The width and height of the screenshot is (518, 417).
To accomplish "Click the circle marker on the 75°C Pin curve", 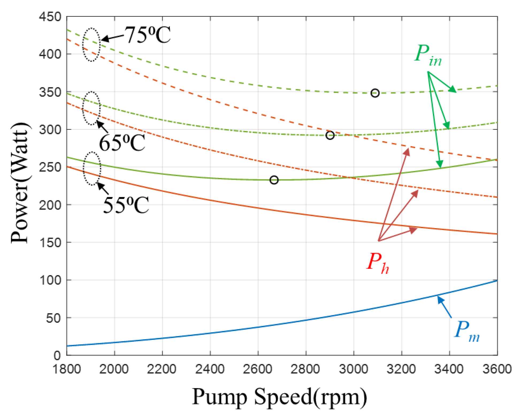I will [x=375, y=93].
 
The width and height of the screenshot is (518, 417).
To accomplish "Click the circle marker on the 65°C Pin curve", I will [x=330, y=135].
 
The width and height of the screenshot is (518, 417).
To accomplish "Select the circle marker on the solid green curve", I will [x=274, y=180].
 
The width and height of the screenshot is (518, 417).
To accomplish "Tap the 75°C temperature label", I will [x=148, y=35].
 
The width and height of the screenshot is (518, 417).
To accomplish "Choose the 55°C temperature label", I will [x=126, y=205].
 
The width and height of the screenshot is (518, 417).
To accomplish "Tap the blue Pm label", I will [x=467, y=331].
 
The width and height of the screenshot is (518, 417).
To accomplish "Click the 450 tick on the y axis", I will [x=50, y=17].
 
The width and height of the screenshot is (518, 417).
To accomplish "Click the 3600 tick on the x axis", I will [x=497, y=369].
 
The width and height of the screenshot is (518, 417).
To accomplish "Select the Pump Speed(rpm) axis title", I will [x=279, y=397].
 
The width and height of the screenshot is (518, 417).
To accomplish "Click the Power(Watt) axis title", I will [x=20, y=183].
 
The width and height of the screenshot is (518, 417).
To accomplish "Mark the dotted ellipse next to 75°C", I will [x=91, y=44].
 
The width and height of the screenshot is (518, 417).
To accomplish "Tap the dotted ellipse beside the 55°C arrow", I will [x=92, y=168].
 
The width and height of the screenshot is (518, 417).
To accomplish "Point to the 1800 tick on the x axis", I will [x=67, y=369].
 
